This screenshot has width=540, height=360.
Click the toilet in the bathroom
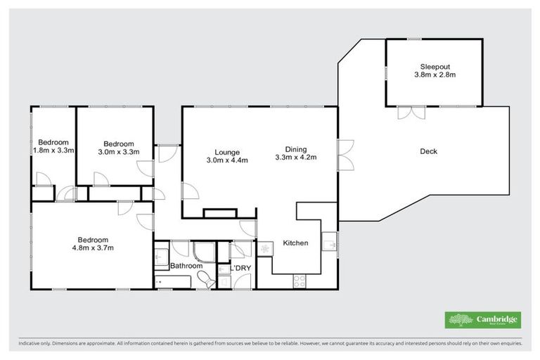pyautogui.click(x=206, y=281)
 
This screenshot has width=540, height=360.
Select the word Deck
pyautogui.click(x=428, y=151)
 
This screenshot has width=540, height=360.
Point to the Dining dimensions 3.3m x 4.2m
pyautogui.click(x=295, y=157)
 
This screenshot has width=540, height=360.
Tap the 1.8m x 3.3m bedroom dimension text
pyautogui.click(x=53, y=150)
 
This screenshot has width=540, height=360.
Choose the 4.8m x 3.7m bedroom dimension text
pyautogui.click(x=92, y=247)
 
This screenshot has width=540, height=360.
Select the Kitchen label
pyautogui.click(x=295, y=243)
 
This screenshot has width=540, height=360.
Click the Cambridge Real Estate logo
pyautogui.click(x=483, y=320)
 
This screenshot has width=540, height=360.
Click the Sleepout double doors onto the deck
pyautogui.click(x=411, y=111)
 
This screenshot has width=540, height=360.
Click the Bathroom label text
pyautogui.click(x=186, y=266)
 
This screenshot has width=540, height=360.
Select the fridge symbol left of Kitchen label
pyautogui.click(x=265, y=249)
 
